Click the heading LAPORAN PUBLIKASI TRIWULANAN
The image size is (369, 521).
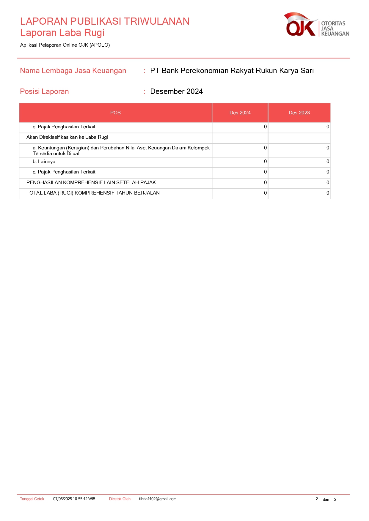tap(105, 21)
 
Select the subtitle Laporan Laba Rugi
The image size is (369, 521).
tap(62, 33)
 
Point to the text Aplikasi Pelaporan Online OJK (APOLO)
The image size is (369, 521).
tap(65, 45)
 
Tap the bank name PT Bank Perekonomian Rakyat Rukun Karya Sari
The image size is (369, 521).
tap(232, 71)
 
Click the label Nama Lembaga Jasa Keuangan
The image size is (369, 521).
tap(73, 71)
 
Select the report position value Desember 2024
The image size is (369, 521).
tap(176, 91)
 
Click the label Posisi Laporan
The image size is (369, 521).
tap(44, 91)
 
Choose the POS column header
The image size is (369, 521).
tap(115, 113)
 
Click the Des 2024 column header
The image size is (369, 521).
tap(240, 113)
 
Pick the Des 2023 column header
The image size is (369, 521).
tap(299, 113)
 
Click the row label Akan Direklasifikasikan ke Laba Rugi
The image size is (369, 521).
tap(67, 137)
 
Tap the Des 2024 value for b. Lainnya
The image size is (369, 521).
tap(265, 162)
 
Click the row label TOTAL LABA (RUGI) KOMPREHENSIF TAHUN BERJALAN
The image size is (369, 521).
tap(93, 193)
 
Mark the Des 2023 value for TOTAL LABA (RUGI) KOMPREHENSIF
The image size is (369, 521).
tap(328, 193)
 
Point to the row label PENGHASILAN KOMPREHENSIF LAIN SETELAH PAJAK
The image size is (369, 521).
tap(91, 183)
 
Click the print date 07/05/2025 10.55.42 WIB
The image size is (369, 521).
tap(74, 499)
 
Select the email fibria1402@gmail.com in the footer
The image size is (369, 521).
tap(158, 499)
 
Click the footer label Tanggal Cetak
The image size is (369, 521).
tap(32, 499)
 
